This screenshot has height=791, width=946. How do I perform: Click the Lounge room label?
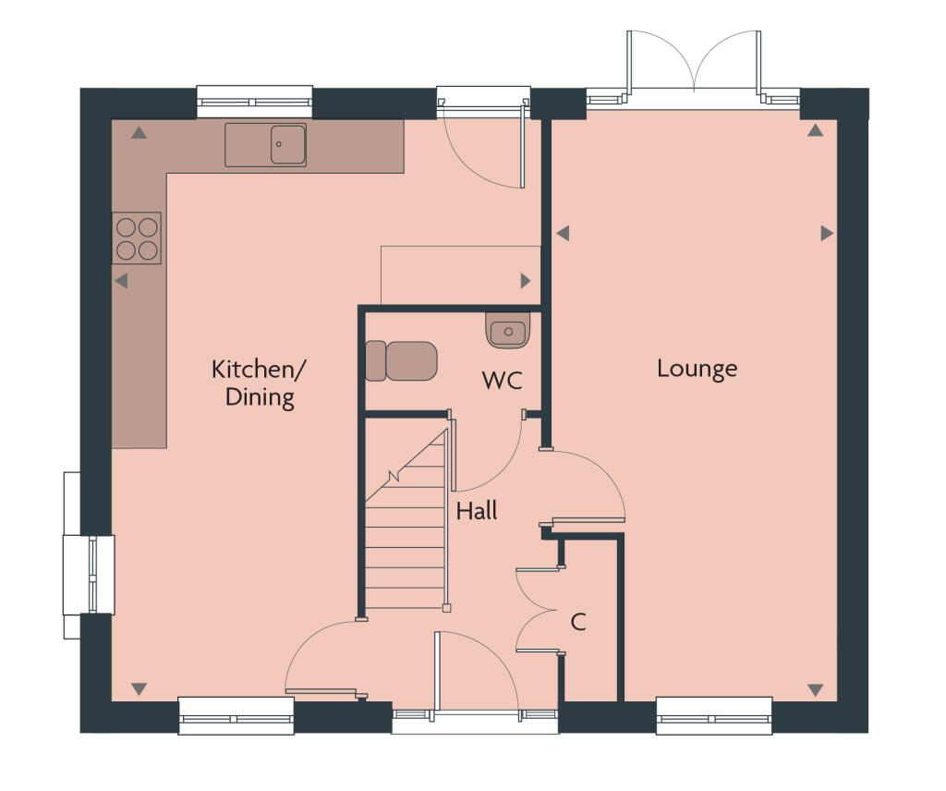point(697,369)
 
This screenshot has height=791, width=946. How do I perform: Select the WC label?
point(503,380)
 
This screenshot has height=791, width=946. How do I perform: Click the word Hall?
point(477,510)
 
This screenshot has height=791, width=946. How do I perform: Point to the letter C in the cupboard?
point(578,622)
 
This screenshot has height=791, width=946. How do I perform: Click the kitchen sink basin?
point(287,144)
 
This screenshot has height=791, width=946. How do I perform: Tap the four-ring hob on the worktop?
point(137,237)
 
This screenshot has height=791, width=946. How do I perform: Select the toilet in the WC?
point(402,360)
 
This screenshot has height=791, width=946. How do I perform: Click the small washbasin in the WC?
point(507,331)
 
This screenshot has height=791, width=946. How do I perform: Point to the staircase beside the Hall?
point(406,536)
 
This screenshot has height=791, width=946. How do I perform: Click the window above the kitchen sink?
point(255,101)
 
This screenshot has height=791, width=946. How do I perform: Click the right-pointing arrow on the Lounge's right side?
point(827,234)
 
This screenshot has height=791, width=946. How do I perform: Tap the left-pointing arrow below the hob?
point(121,281)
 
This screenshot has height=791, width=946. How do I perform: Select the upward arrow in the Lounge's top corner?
point(815,131)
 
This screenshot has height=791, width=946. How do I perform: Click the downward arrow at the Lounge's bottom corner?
point(815,689)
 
